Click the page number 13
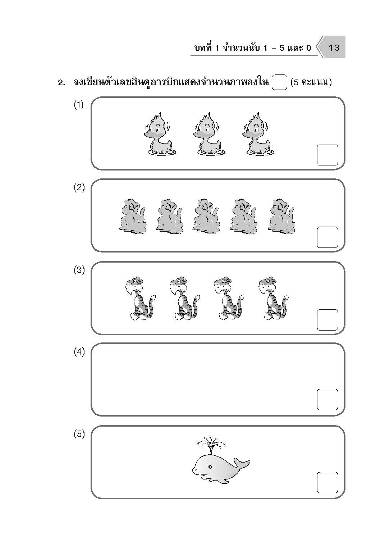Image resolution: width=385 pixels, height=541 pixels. [334, 48]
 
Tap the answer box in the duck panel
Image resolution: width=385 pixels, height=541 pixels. [327, 155]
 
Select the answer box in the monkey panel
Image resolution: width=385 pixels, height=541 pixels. [327, 237]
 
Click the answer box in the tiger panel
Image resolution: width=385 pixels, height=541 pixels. [327, 320]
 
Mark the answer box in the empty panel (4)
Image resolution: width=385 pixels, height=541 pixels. [327, 400]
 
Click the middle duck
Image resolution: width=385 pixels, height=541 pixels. [209, 134]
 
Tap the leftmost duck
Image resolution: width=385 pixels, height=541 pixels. [160, 134]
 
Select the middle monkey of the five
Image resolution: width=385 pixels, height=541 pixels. [206, 217]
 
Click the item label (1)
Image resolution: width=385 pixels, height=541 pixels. [79, 105]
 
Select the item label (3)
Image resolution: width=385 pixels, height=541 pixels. [79, 270]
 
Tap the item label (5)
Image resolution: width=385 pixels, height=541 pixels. [79, 434]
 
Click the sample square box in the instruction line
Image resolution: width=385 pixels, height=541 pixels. [279, 82]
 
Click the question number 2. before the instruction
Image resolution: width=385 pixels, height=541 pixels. [61, 83]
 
